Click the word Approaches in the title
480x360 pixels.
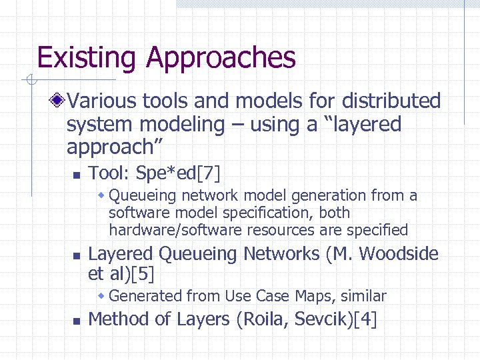click(221, 59)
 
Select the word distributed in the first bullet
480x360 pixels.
click(391, 101)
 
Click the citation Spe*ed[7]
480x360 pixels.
click(177, 174)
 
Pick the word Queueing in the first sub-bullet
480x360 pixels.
click(139, 195)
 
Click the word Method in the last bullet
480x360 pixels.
click(119, 319)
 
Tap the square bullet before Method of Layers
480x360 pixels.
click(76, 321)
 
